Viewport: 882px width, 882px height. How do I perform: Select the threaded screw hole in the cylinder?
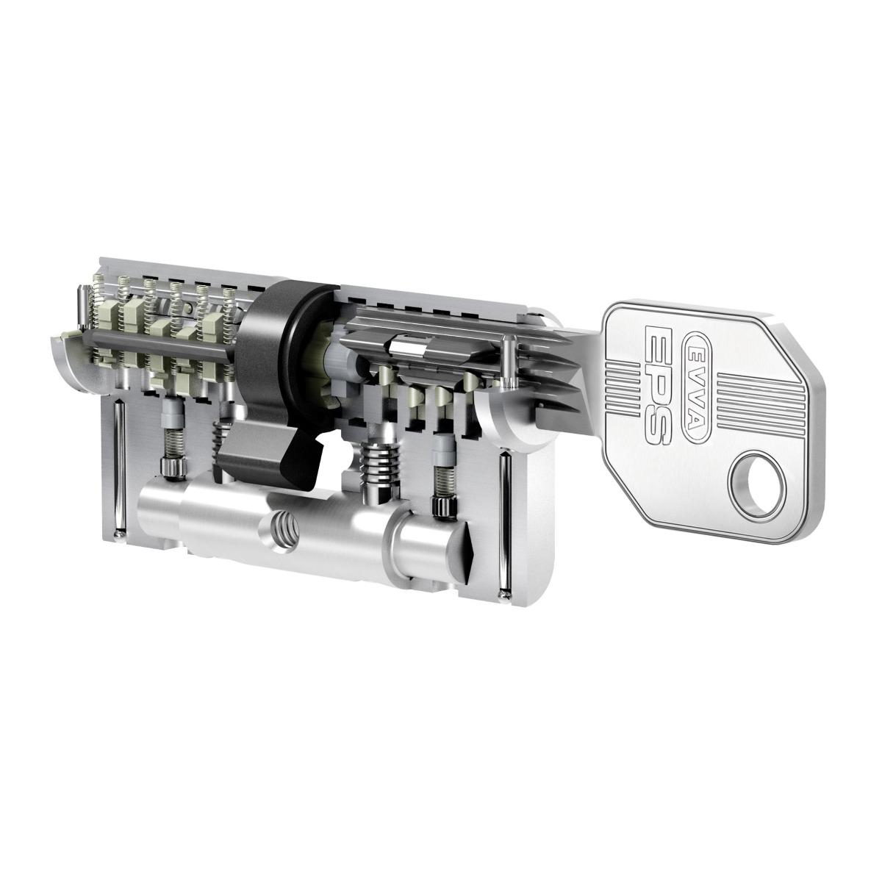(x=284, y=527)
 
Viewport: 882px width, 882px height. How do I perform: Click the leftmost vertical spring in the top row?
(x=95, y=309)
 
